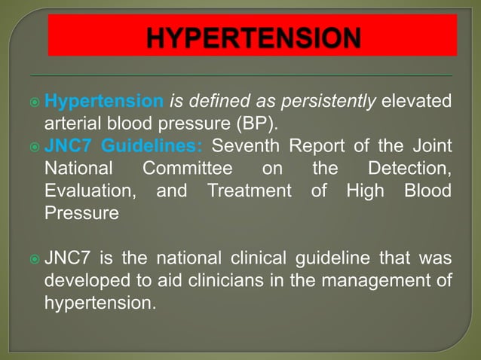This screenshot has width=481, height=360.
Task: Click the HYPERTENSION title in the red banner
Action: pos(253,37)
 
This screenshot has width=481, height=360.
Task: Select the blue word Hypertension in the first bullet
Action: pos(104,101)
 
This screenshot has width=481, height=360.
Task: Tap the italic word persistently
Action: pos(333,101)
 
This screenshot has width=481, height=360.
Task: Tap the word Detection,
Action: pos(409,167)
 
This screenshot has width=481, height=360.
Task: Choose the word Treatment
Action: pos(249,190)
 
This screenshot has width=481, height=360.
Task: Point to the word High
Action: pos(365,190)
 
